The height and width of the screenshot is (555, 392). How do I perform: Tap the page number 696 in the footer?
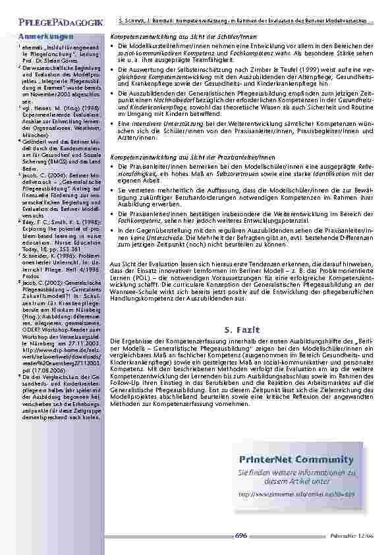(x=240, y=535)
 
